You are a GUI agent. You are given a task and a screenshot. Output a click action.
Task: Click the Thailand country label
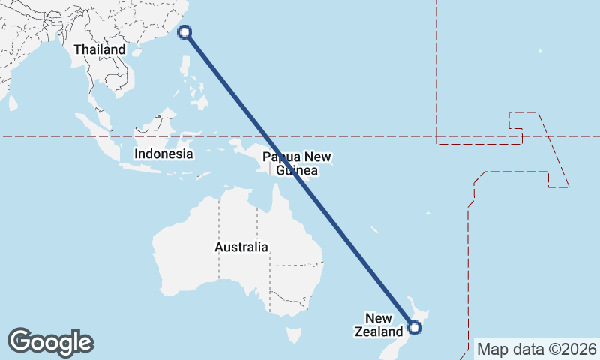[100, 49]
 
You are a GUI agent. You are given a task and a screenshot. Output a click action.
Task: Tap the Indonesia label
[163, 154]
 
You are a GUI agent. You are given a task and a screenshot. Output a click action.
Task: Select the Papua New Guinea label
[297, 164]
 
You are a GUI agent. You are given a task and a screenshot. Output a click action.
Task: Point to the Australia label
[241, 247]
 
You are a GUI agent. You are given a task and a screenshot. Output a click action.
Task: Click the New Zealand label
[379, 325]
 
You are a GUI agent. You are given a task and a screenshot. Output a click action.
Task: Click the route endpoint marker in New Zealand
[414, 327]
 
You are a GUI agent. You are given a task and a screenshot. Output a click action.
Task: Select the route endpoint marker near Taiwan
[185, 32]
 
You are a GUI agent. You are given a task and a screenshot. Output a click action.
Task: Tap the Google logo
[50, 342]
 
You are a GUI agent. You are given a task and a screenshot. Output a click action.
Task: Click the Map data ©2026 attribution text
[537, 349]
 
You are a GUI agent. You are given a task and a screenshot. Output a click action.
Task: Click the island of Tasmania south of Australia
[294, 334]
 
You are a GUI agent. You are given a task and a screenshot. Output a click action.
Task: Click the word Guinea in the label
[297, 171]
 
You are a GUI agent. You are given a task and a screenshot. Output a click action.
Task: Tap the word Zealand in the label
[379, 331]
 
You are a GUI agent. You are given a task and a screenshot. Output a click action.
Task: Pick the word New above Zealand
[379, 318]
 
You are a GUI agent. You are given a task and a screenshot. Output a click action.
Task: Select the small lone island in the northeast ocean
[541, 52]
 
